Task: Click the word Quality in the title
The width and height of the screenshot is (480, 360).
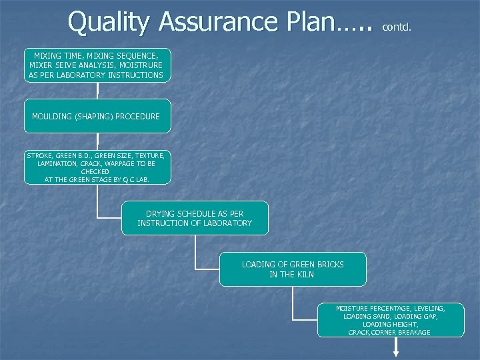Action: (x=109, y=22)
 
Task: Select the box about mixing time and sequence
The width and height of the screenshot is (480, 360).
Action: (x=97, y=65)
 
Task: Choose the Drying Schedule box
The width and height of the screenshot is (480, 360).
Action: (x=195, y=218)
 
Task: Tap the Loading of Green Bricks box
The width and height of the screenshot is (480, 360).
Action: (x=293, y=269)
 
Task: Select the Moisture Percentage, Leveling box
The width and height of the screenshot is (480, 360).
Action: (x=390, y=320)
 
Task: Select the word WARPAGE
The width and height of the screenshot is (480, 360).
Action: (x=118, y=163)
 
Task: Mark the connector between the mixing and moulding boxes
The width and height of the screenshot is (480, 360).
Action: (x=97, y=91)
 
